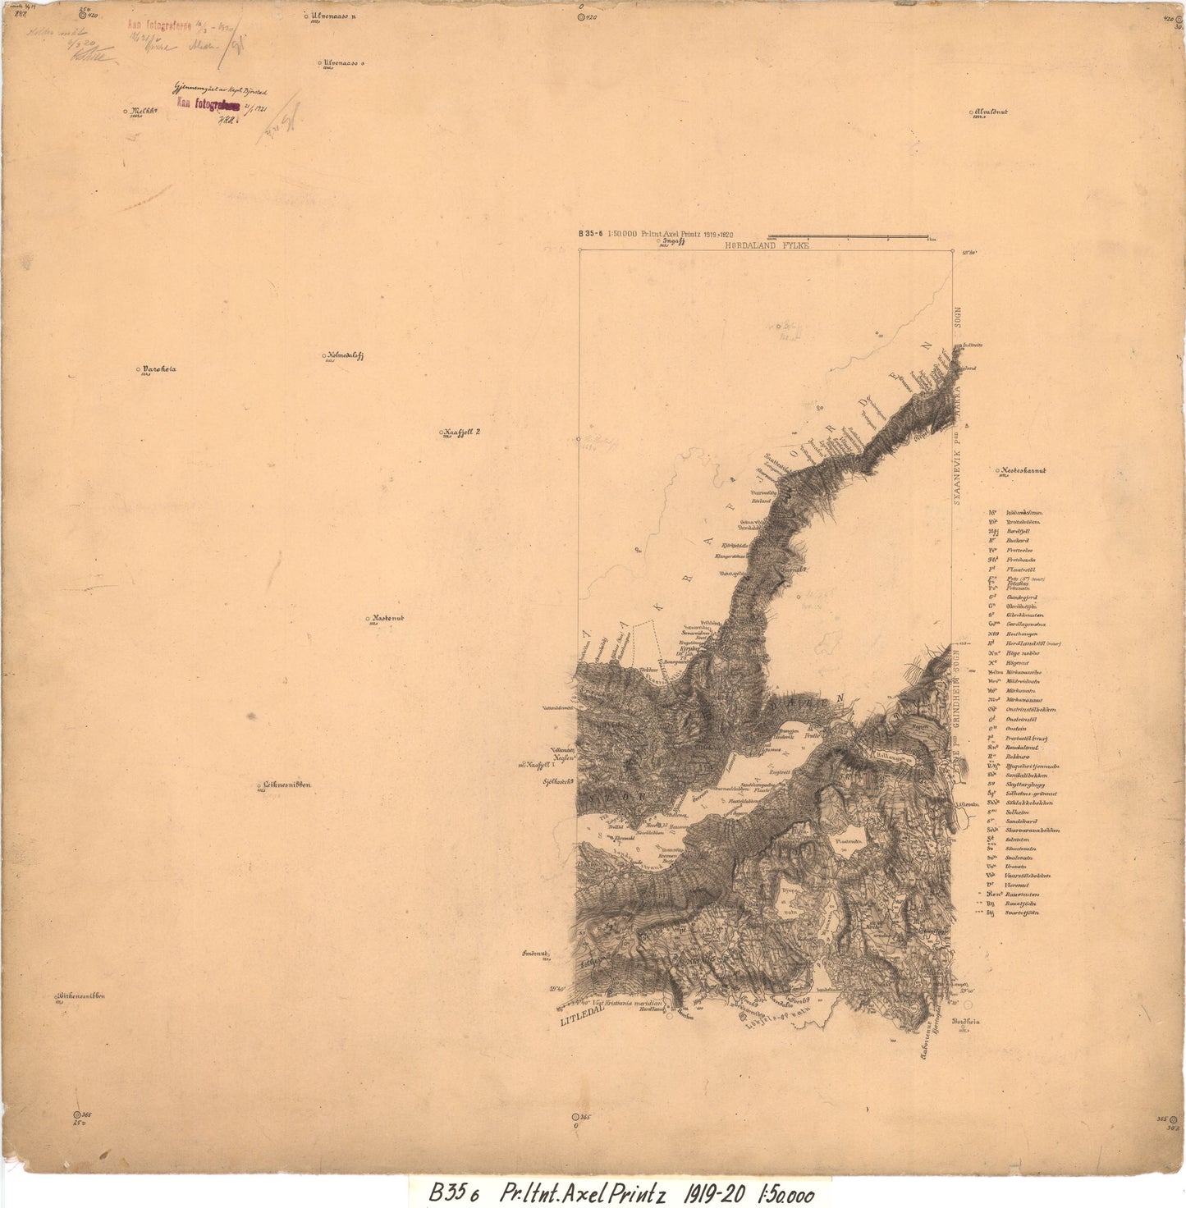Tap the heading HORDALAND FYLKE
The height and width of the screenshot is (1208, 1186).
[767, 245]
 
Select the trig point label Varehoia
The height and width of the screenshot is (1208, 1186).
[158, 369]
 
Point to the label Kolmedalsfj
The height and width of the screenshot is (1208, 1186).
[345, 355]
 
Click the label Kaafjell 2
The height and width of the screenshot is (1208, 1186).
[462, 432]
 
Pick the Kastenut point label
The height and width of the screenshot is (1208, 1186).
[388, 618]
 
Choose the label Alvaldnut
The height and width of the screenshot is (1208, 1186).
[991, 112]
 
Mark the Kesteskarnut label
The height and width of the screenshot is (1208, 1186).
[1023, 471]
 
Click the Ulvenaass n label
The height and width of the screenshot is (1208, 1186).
[333, 16]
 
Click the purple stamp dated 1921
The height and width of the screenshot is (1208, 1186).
[208, 104]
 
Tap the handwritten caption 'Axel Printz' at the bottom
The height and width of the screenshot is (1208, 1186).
[608, 1192]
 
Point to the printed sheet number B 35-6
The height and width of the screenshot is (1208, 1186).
[591, 233]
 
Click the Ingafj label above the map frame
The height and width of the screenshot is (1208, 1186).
[673, 241]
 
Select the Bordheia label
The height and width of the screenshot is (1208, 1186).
[966, 1022]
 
